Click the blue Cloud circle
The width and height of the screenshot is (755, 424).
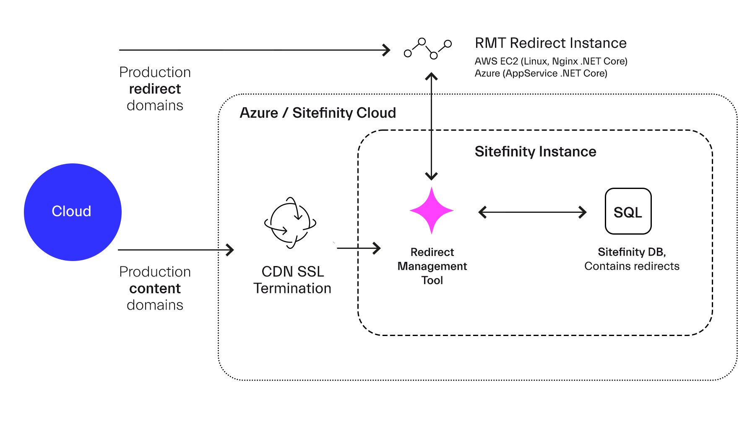coord(73,212)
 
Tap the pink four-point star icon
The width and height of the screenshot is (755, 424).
coord(432,210)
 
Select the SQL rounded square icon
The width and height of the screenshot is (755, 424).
coord(628,211)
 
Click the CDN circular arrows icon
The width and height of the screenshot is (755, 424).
coord(290,222)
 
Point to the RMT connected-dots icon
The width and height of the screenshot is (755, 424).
coord(427,49)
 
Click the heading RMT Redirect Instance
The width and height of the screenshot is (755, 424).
coord(550,43)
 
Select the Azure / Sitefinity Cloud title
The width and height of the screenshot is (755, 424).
coord(318,113)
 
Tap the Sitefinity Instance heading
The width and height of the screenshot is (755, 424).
coord(535,151)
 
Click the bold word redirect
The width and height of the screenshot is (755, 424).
coord(155,89)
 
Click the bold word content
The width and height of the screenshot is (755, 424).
coord(155,288)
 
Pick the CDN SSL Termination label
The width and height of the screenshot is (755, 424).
coord(292,280)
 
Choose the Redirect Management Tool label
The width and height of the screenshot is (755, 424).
coord(432,266)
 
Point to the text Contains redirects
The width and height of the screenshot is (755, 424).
coord(632,266)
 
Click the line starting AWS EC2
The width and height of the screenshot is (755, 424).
coord(551,61)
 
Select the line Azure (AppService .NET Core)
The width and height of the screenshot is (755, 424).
coord(541,73)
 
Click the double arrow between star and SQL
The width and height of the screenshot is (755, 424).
coord(532,212)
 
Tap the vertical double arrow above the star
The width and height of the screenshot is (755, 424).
coord(431,126)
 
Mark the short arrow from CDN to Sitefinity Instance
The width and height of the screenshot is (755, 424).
coord(359,248)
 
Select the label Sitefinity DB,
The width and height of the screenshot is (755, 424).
coord(632,252)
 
